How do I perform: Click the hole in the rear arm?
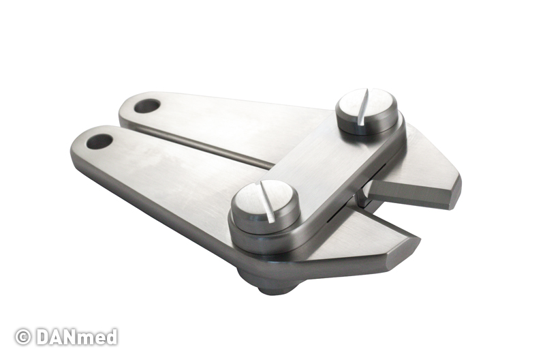[x=147, y=106]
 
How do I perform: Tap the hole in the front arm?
[x=99, y=142]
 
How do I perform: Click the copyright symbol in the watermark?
[x=23, y=337]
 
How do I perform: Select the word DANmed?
[x=76, y=337]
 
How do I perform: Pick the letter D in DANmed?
[x=44, y=337]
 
